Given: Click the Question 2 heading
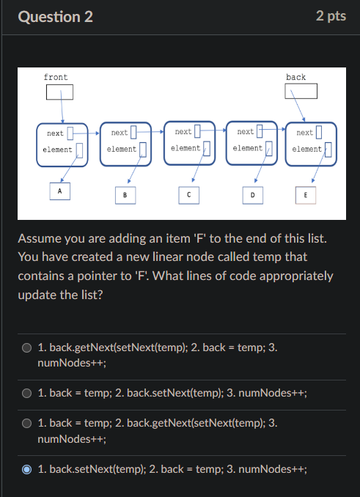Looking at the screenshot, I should tap(55, 16).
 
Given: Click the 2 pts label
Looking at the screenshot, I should tap(331, 16).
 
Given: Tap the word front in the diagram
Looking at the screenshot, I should tap(56, 77).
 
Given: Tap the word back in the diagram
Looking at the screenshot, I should tap(296, 77).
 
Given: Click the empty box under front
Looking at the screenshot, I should tap(59, 92).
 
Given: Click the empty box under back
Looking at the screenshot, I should tap(301, 91).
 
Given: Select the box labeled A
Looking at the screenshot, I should tap(60, 191).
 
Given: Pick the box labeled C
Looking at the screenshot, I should tap(188, 195).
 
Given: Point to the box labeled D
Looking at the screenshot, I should tap(252, 195).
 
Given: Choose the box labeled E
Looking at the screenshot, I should tap(305, 195).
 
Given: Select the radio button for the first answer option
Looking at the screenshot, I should tap(27, 348).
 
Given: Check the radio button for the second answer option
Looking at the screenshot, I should tap(27, 394).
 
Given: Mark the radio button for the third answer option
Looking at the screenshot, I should tap(27, 424).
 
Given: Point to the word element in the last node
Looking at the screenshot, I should tap(306, 149).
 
